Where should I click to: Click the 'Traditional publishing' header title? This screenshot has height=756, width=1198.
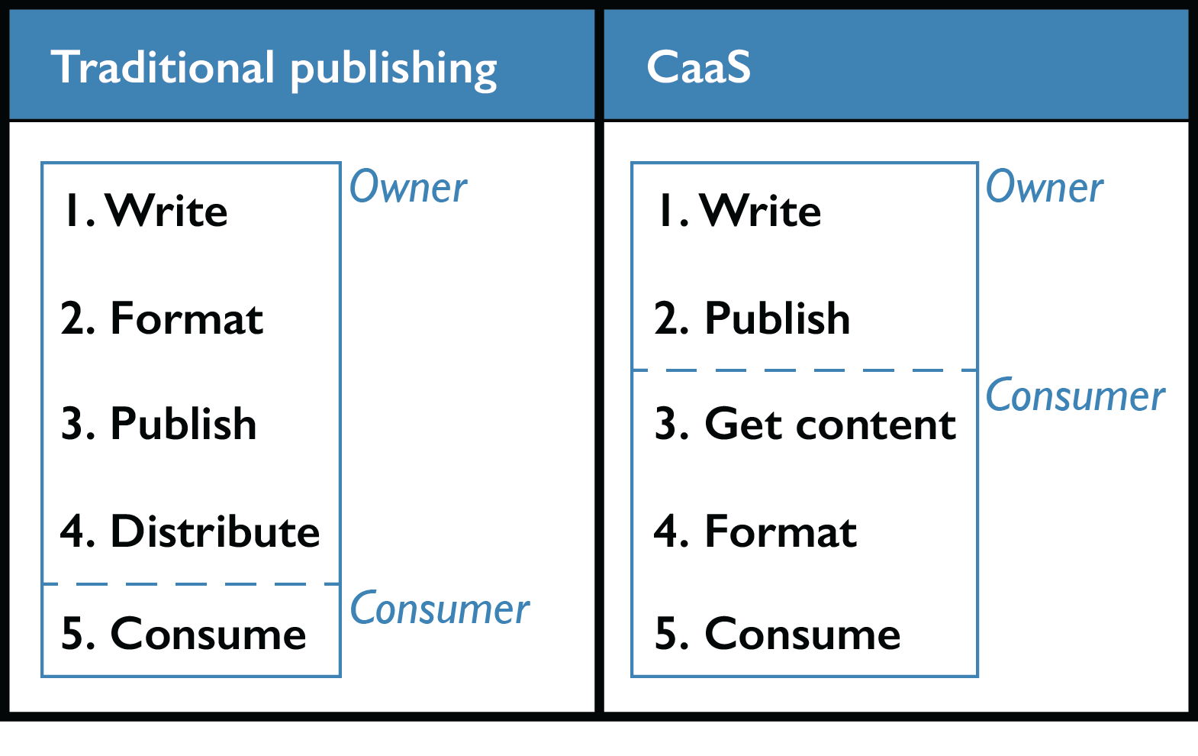point(274,68)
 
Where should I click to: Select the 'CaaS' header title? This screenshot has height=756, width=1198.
point(698,67)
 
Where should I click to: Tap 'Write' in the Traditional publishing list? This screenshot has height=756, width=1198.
point(167,211)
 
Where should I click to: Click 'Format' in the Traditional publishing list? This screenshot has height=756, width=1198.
point(187,318)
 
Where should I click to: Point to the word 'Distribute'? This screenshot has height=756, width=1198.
point(215,531)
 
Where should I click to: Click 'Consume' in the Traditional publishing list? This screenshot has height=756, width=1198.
point(208,634)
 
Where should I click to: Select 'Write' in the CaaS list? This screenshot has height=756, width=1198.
point(761,211)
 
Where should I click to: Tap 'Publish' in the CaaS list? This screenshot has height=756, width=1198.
point(777,318)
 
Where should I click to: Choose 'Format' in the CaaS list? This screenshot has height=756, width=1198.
point(781,531)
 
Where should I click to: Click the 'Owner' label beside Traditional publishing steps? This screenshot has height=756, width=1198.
point(408,187)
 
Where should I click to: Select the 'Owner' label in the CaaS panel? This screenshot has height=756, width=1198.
point(1044,187)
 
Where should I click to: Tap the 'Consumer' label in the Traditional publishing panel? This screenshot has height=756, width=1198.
point(440,609)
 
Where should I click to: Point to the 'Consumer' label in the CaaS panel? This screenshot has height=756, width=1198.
point(1075,396)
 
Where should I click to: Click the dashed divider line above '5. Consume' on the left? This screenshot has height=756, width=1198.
point(191,584)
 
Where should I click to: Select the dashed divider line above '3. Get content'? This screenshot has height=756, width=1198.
point(805,370)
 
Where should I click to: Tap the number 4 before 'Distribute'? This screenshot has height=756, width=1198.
point(73,531)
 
